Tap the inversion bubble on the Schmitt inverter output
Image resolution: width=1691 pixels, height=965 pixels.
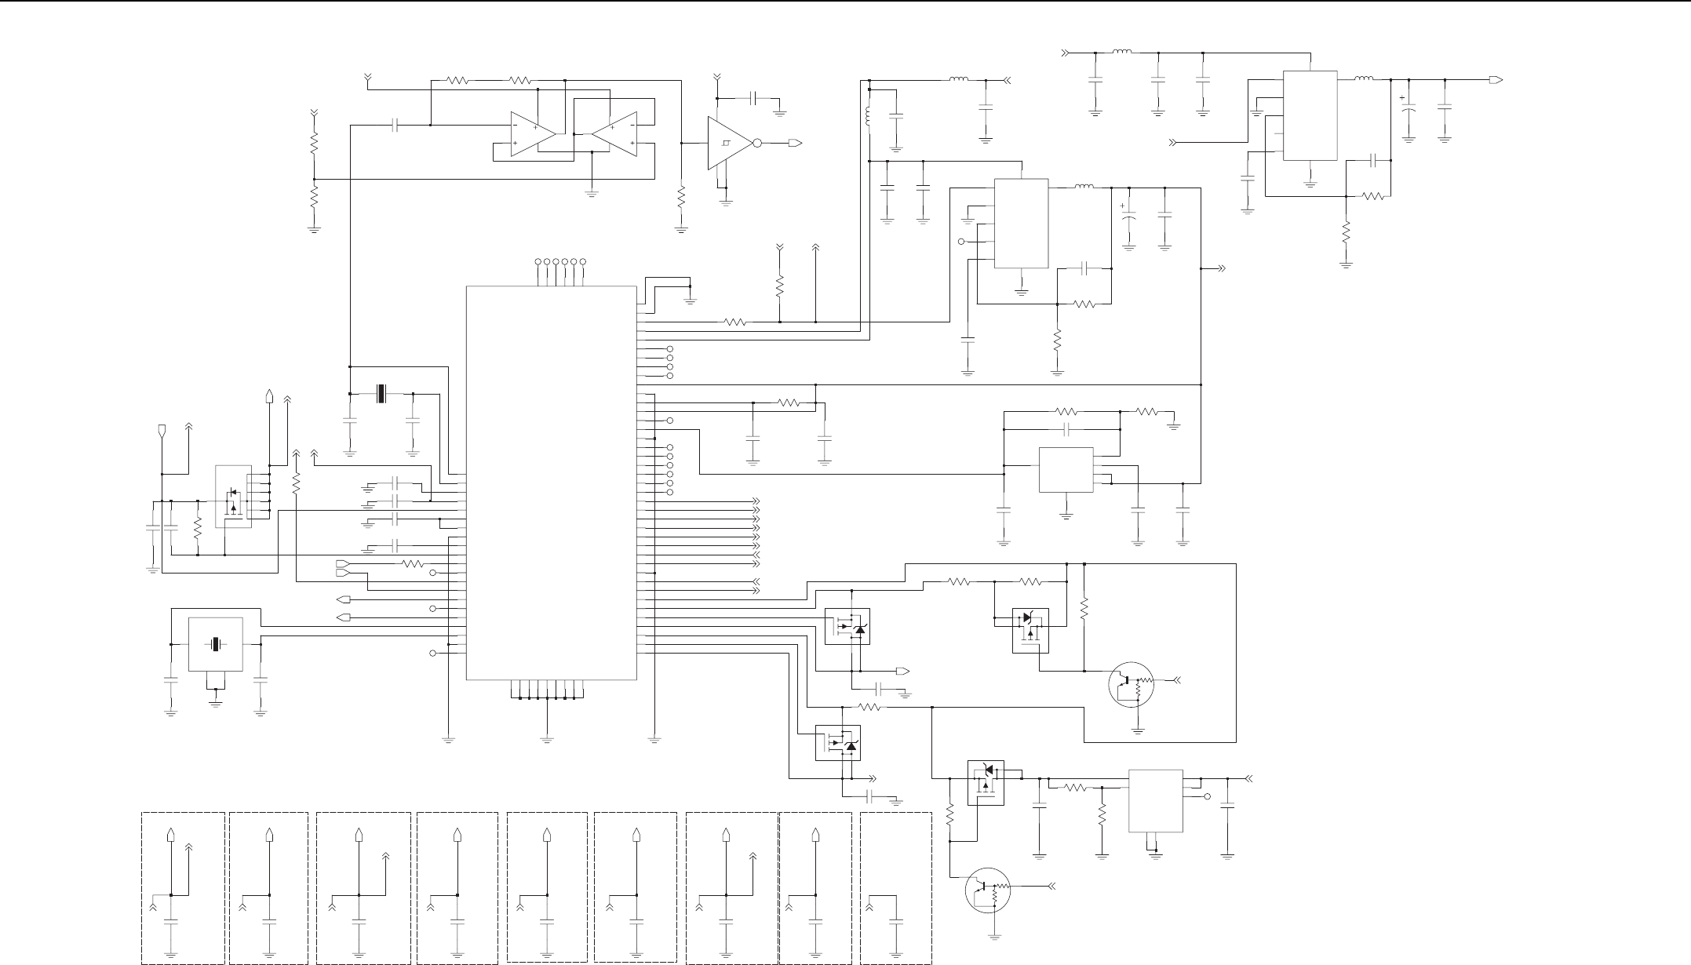[x=756, y=144]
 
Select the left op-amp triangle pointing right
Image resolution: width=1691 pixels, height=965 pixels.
[x=532, y=134]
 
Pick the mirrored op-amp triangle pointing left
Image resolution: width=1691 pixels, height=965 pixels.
[x=614, y=134]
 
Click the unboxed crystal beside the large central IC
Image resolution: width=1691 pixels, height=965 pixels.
[x=382, y=393]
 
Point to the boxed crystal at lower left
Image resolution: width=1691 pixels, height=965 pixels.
[x=216, y=644]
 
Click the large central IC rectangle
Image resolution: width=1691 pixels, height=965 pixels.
[x=551, y=482]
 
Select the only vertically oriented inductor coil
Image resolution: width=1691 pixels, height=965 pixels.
[x=869, y=116]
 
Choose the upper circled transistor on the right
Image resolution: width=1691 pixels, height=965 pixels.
[x=1132, y=684]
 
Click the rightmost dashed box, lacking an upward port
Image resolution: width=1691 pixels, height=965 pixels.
[x=895, y=887]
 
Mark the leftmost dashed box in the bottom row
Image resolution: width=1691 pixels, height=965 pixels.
[x=183, y=887]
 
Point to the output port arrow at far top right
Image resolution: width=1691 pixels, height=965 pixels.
[x=1496, y=79]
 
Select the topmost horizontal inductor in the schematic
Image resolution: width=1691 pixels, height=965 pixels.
[x=1121, y=53]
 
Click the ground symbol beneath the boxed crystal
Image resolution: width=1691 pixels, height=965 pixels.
[x=216, y=702]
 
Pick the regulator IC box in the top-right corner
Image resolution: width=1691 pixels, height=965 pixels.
[x=1310, y=115]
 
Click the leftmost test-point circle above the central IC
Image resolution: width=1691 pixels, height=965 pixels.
[x=538, y=261]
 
